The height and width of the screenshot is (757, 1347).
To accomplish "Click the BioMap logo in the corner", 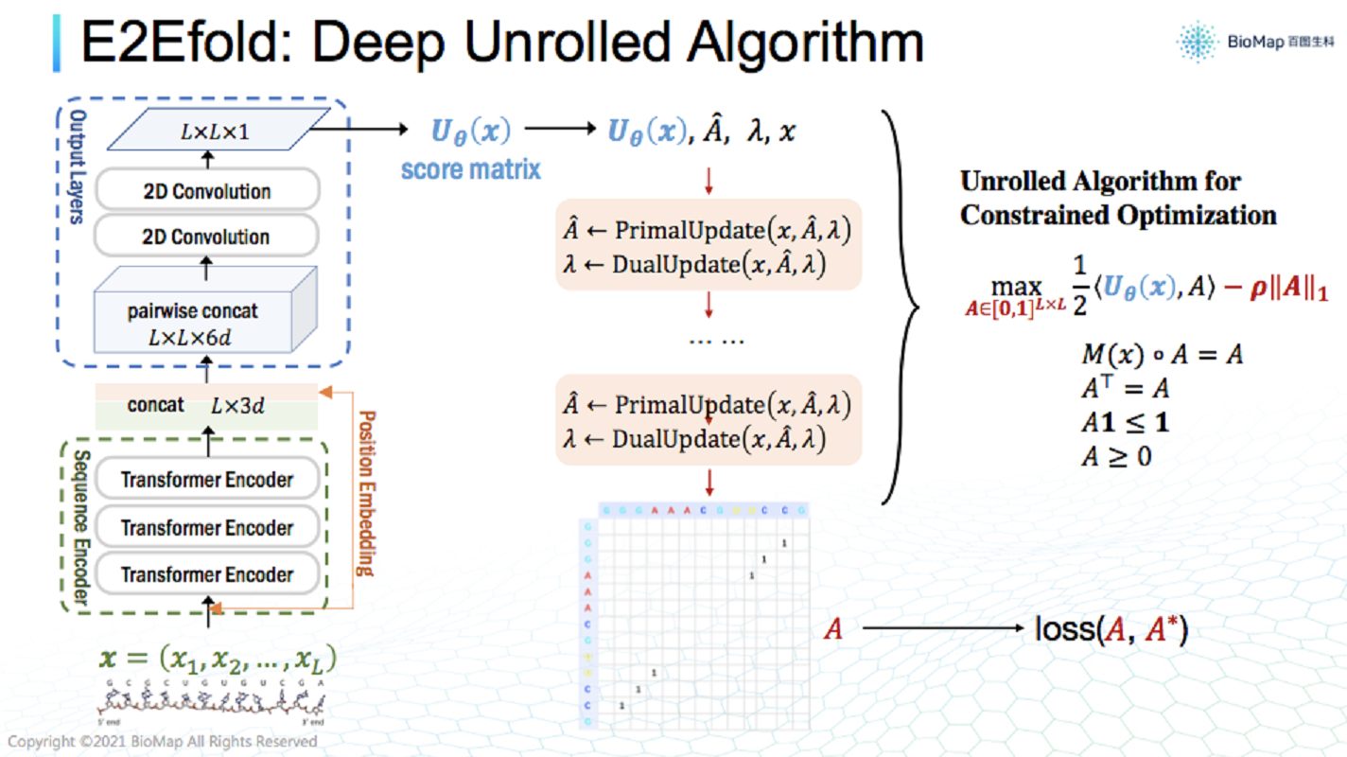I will pyautogui.click(x=1253, y=42).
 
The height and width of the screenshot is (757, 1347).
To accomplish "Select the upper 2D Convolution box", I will pyautogui.click(x=207, y=191).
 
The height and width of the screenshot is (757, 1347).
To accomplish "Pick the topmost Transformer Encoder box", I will pyautogui.click(x=207, y=480).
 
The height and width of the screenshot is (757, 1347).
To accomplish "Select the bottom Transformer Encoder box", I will pyautogui.click(x=207, y=574).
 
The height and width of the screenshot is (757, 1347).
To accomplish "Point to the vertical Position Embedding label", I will pyautogui.click(x=365, y=493).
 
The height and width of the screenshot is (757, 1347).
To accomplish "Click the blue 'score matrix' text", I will pyautogui.click(x=471, y=169).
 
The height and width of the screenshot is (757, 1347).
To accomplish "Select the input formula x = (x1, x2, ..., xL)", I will pyautogui.click(x=219, y=659).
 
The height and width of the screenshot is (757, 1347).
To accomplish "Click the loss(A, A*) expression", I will pyautogui.click(x=1111, y=629).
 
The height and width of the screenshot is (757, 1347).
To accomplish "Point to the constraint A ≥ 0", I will pyautogui.click(x=1116, y=457).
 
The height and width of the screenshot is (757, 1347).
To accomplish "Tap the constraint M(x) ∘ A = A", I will pyautogui.click(x=1162, y=355).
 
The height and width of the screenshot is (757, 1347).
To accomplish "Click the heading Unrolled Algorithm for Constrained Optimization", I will pyautogui.click(x=1118, y=198).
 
